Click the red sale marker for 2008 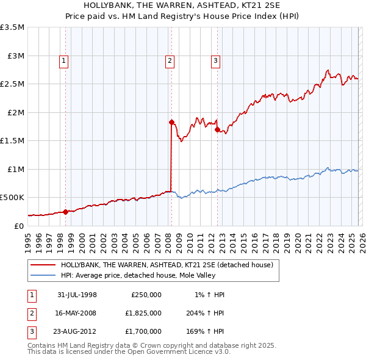point(171,122)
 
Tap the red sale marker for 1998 point(65,212)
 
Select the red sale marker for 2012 point(217,129)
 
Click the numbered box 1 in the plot point(64,60)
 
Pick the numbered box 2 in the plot point(169,60)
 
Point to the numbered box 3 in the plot point(215,60)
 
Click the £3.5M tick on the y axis point(12,27)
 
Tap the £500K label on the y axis point(12,198)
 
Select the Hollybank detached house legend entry point(170,265)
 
